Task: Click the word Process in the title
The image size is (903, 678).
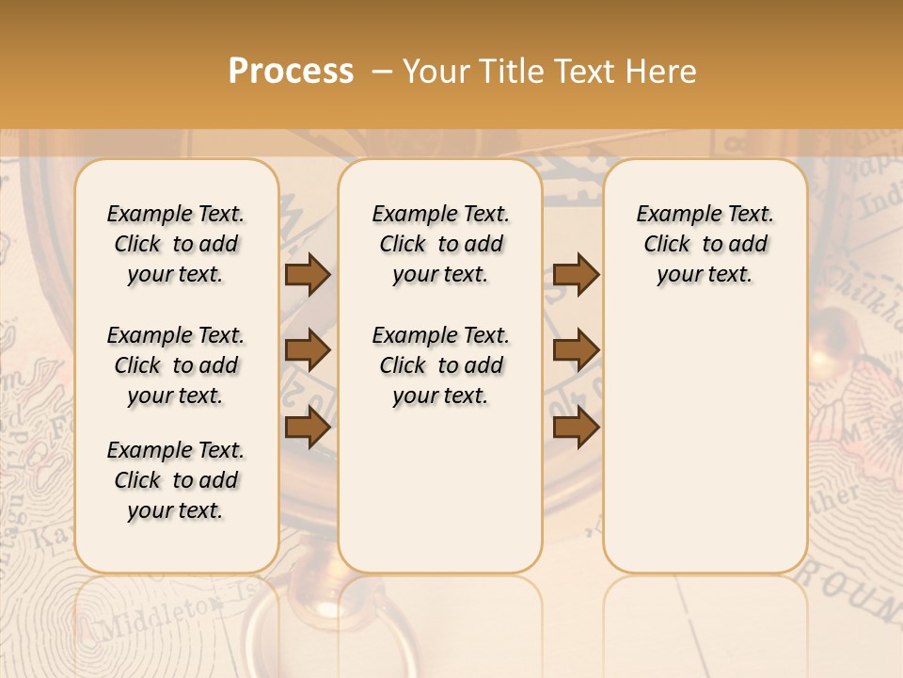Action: click(x=291, y=71)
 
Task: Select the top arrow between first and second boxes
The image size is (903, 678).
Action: click(x=308, y=275)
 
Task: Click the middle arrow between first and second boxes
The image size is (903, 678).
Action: click(x=308, y=351)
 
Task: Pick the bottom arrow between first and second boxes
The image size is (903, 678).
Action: click(x=308, y=427)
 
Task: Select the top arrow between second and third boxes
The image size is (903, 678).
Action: click(x=576, y=275)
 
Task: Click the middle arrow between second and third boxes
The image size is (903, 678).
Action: click(x=576, y=351)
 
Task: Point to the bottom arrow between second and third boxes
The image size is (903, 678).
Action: click(x=576, y=427)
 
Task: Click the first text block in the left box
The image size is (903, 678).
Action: click(x=176, y=244)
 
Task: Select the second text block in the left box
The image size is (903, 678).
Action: click(x=176, y=365)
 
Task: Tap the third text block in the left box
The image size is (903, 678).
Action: click(x=176, y=480)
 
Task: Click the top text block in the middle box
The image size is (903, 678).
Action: click(x=440, y=244)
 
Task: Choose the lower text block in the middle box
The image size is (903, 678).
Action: click(x=440, y=365)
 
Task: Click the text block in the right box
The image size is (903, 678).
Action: click(x=705, y=244)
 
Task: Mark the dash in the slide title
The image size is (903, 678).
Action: click(x=381, y=72)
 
